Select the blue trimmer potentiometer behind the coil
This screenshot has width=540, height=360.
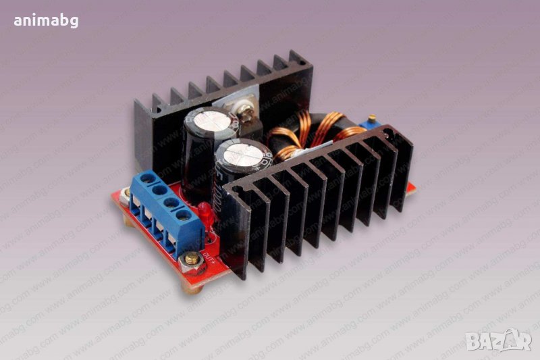coord(369,124)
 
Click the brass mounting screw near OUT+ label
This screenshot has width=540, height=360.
coord(192,257)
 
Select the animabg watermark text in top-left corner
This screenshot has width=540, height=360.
coord(46,20)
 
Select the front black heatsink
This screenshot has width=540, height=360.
coord(317,203)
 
